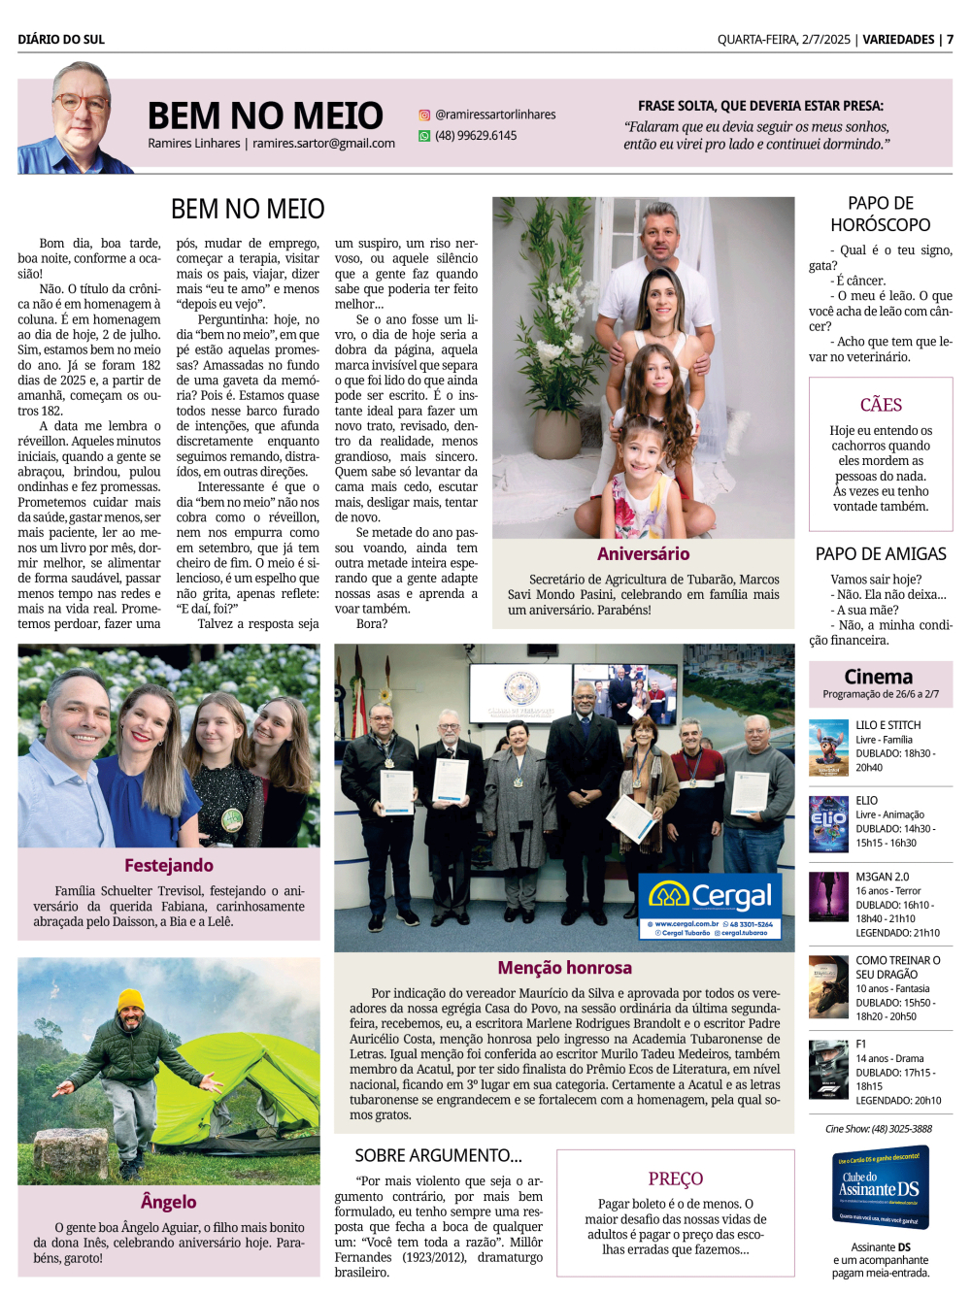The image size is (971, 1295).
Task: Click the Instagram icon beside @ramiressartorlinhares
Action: click(x=424, y=115)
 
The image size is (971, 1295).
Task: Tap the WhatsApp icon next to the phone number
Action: click(x=424, y=136)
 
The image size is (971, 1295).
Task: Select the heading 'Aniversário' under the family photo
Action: click(x=643, y=554)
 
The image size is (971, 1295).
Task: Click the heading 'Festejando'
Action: click(x=169, y=865)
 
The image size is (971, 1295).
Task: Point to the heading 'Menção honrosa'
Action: click(x=564, y=967)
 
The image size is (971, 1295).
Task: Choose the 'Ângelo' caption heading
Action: click(x=168, y=1202)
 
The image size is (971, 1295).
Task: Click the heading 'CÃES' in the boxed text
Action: click(x=881, y=405)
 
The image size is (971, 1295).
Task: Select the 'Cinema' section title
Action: click(x=879, y=677)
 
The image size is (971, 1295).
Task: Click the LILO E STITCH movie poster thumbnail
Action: click(x=828, y=747)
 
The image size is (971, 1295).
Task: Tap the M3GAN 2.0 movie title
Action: click(x=883, y=877)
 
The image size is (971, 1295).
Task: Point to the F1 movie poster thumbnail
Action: click(x=828, y=1070)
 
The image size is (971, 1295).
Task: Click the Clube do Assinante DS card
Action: click(x=881, y=1187)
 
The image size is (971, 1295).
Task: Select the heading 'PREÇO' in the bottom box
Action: click(x=676, y=1179)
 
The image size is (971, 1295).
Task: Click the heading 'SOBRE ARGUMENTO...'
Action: click(x=438, y=1155)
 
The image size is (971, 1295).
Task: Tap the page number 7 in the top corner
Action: click(x=950, y=40)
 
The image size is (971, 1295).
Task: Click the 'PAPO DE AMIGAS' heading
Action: click(x=881, y=554)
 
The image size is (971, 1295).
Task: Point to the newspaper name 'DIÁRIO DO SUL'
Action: click(x=61, y=40)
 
